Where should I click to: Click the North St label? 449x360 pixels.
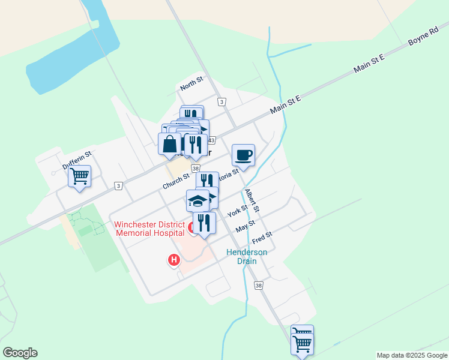(x=192, y=83)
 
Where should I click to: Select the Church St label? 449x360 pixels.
(x=175, y=182)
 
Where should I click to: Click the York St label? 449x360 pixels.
(x=238, y=211)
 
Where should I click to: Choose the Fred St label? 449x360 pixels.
(x=262, y=238)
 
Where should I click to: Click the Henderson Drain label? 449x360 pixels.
(x=246, y=257)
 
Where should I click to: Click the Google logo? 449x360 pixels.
(x=20, y=353)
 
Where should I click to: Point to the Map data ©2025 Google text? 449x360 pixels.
(x=412, y=355)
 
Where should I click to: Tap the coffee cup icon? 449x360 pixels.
(x=244, y=155)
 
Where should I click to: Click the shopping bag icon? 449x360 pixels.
(x=170, y=144)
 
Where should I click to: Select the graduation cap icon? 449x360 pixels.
(x=197, y=200)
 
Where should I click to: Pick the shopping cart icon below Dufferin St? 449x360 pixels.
(x=79, y=176)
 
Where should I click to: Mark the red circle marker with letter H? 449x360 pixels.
(x=173, y=260)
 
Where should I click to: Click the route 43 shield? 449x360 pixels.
(x=211, y=140)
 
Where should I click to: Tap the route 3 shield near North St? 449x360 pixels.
(x=222, y=102)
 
